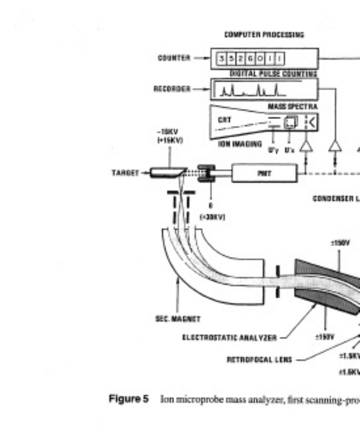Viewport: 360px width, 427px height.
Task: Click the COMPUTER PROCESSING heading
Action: [x=264, y=35]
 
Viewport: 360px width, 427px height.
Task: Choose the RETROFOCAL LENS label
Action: [x=259, y=359]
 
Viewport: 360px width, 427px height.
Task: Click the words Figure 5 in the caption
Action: [x=129, y=399]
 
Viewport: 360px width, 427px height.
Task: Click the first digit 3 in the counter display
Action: [x=222, y=59]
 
